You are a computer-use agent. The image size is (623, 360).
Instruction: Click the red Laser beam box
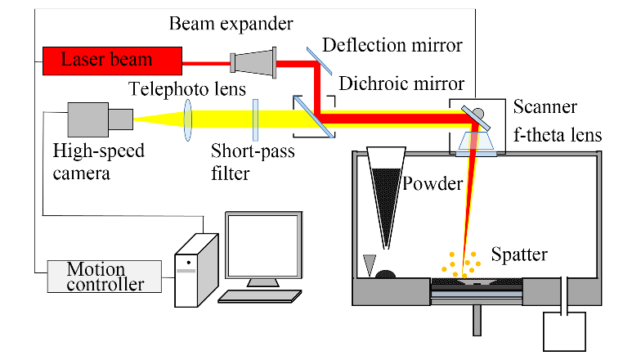[x=111, y=59]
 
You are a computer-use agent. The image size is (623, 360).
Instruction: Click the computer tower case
[x=197, y=269]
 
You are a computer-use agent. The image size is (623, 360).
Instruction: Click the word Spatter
[x=519, y=254]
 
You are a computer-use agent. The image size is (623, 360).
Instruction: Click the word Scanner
[x=545, y=108]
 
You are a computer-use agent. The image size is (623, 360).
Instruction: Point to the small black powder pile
[x=386, y=275]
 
